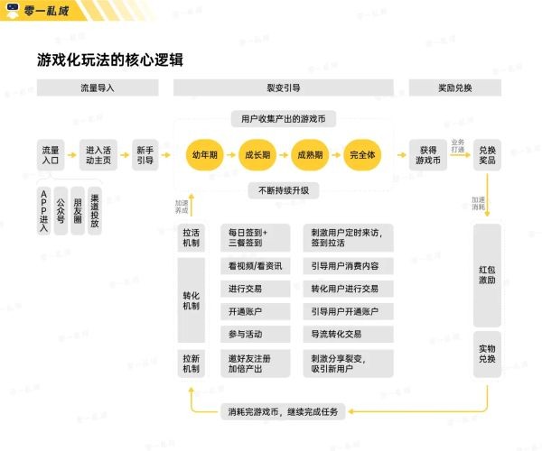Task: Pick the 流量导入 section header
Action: [x=98, y=88]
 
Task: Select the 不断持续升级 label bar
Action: [x=284, y=190]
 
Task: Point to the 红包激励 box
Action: [x=487, y=274]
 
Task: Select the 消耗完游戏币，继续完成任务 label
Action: [x=284, y=412]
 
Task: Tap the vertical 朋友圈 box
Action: [x=78, y=209]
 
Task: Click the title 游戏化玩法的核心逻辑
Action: [x=112, y=60]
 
